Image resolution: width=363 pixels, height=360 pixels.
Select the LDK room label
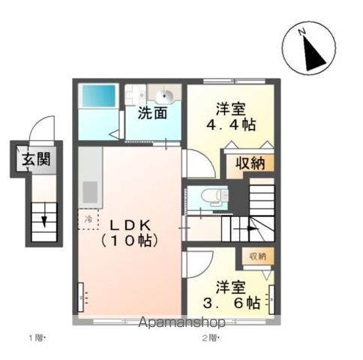[132, 225]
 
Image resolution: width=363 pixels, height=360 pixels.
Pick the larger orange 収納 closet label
[245, 163]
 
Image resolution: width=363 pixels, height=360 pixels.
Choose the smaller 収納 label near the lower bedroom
[257, 256]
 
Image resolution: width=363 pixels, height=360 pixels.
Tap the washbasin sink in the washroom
[166, 95]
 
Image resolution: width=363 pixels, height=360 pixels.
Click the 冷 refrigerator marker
[88, 219]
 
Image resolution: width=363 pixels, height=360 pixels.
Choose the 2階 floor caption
[208, 338]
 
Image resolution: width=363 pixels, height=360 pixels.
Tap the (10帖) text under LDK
[128, 241]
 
